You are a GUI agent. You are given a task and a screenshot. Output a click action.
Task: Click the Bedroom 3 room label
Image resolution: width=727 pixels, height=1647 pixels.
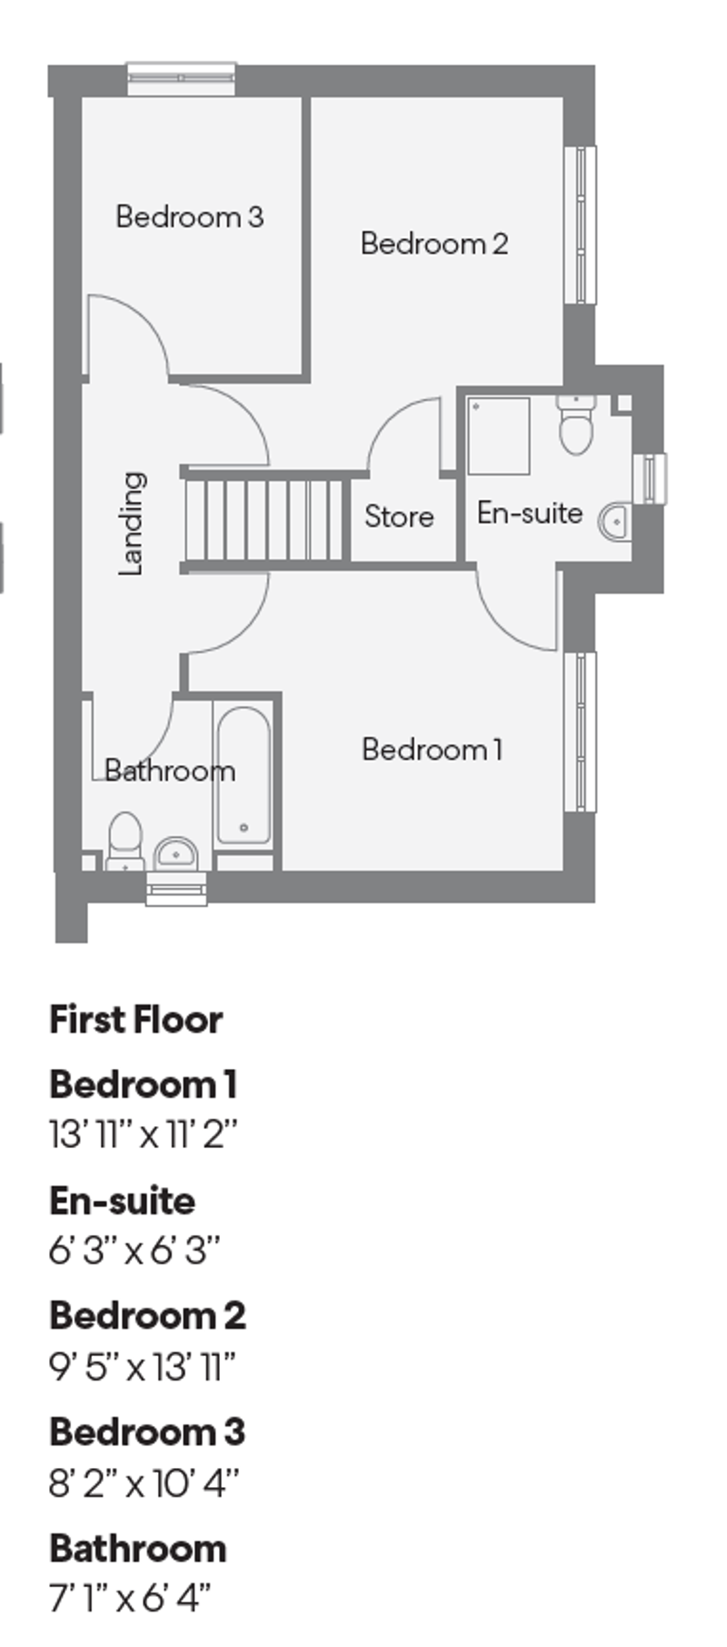pyautogui.click(x=189, y=216)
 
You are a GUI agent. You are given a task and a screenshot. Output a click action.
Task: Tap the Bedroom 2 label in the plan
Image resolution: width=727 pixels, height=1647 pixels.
pyautogui.click(x=433, y=244)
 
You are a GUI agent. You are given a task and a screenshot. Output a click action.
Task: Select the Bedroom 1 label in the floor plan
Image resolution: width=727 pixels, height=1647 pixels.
pyautogui.click(x=432, y=750)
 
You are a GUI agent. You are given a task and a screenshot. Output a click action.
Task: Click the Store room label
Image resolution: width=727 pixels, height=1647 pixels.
pyautogui.click(x=399, y=516)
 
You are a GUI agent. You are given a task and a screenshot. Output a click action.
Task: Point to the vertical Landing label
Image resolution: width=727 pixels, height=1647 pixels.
pyautogui.click(x=133, y=524)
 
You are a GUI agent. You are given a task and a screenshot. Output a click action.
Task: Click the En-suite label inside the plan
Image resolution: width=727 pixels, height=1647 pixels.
pyautogui.click(x=529, y=513)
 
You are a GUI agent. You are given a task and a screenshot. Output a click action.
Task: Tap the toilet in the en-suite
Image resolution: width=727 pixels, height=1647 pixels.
pyautogui.click(x=576, y=425)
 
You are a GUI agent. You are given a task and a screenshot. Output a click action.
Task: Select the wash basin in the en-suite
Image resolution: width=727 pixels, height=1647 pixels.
pyautogui.click(x=616, y=522)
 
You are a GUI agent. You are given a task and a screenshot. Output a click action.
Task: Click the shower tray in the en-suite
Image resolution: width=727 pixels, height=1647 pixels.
pyautogui.click(x=499, y=435)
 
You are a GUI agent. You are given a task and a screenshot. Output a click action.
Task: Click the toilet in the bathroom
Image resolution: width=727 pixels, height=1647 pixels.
pyautogui.click(x=125, y=840)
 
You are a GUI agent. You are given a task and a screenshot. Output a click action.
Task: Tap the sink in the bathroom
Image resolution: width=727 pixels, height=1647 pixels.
pyautogui.click(x=176, y=853)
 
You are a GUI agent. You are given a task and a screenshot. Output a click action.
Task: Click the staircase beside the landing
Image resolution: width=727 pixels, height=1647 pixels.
pyautogui.click(x=265, y=521)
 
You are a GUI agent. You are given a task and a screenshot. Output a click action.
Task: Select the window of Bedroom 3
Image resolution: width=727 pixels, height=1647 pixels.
pyautogui.click(x=182, y=78)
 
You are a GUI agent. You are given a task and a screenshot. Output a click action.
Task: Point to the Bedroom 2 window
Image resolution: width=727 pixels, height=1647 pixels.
pyautogui.click(x=580, y=224)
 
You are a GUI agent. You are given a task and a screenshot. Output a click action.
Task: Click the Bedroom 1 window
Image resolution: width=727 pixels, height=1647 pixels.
pyautogui.click(x=580, y=730)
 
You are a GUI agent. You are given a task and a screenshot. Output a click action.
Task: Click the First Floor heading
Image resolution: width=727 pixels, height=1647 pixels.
pyautogui.click(x=135, y=1020)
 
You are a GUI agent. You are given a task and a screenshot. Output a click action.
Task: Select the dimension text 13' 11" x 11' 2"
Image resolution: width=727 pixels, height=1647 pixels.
pyautogui.click(x=144, y=1134)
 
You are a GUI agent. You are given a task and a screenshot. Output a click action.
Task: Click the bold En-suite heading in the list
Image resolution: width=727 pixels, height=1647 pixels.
pyautogui.click(x=122, y=1201)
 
